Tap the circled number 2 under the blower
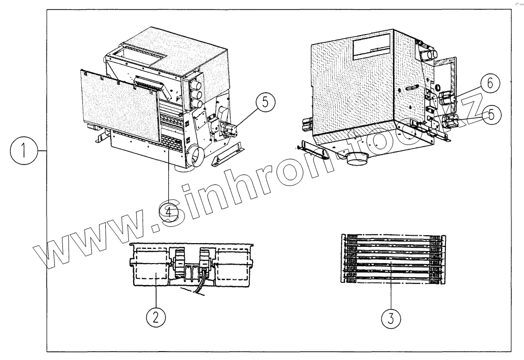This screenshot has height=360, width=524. point(156,317)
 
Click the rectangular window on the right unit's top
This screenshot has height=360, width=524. point(373,50)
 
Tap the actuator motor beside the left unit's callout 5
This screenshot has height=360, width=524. point(230,128)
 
